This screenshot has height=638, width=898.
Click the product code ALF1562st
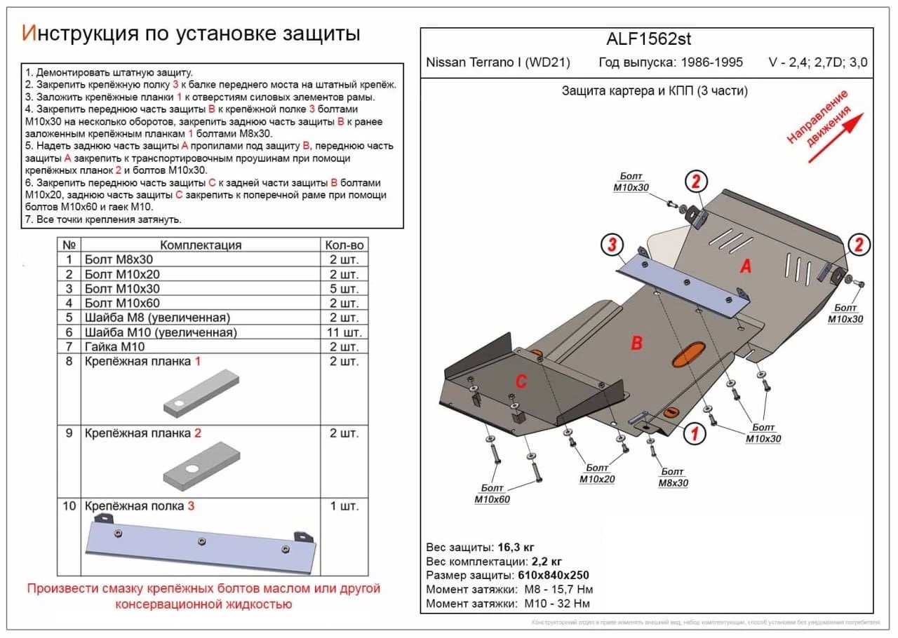[648, 39]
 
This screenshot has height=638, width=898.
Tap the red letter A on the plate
[746, 266]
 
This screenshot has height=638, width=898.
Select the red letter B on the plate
[637, 343]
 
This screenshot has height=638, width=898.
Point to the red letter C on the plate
[521, 381]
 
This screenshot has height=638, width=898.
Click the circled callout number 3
[612, 245]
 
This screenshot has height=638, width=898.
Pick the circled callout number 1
[694, 434]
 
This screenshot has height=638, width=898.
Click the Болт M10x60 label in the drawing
[492, 494]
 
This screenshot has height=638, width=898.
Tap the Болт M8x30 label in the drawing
[672, 477]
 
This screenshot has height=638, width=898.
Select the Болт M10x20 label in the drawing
[596, 473]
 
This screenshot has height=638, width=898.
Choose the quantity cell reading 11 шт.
[344, 332]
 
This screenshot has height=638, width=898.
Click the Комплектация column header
[201, 245]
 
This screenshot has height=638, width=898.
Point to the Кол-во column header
[344, 245]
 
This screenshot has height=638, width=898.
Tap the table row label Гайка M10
[114, 347]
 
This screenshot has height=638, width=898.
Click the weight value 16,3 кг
[518, 547]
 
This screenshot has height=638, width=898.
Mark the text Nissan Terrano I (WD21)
[498, 62]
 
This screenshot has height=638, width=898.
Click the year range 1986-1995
[709, 62]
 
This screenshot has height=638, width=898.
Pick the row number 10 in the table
[69, 506]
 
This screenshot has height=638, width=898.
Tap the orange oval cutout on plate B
[689, 354]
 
